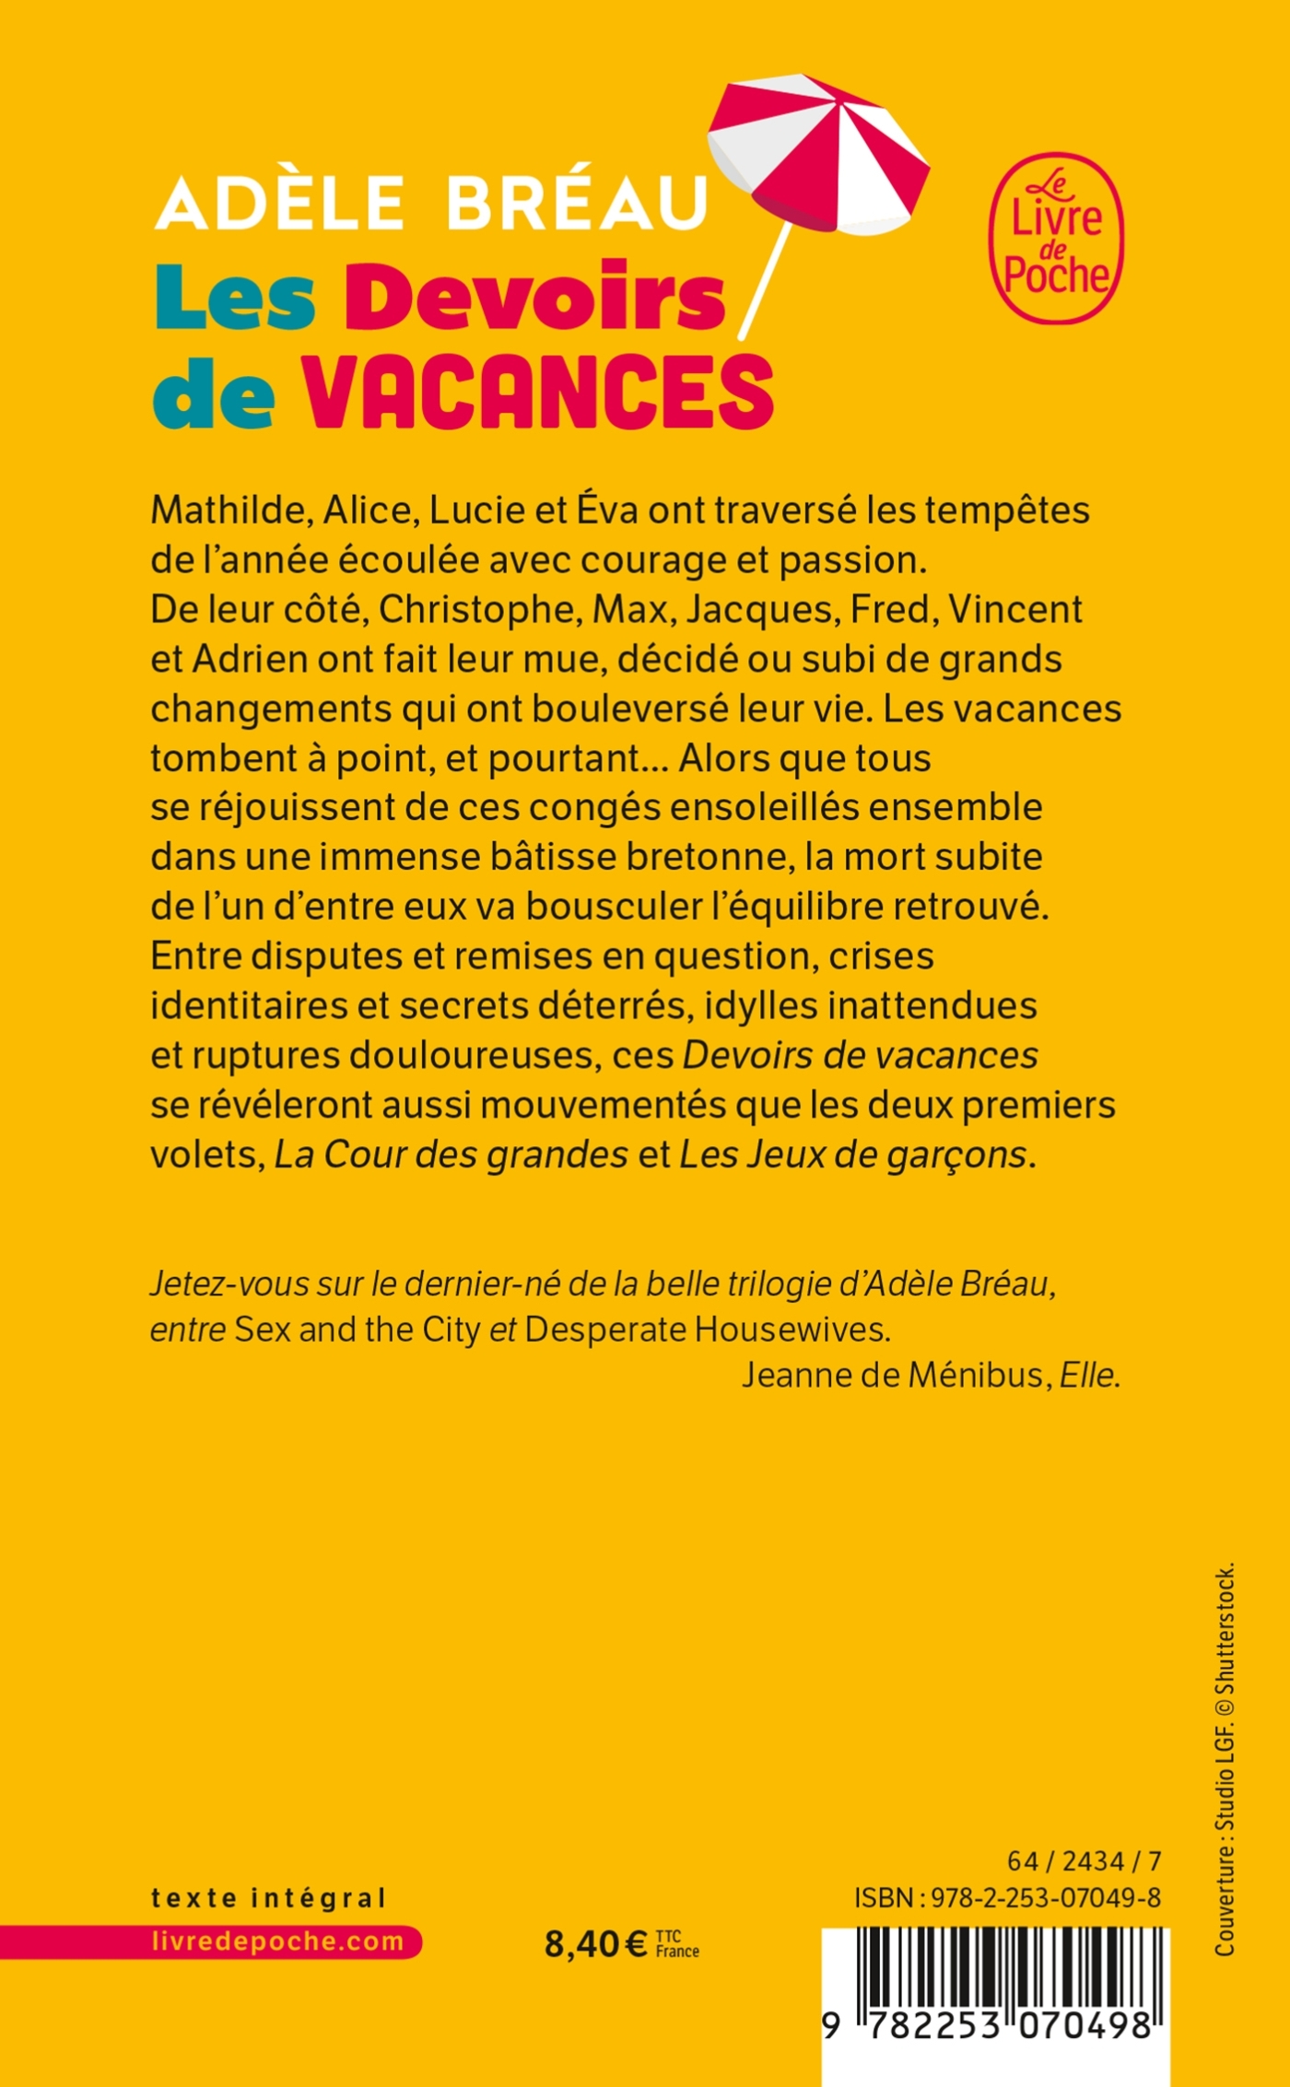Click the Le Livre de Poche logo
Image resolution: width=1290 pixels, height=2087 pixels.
pos(1056,238)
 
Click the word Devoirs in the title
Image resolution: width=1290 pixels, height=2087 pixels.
pos(535,297)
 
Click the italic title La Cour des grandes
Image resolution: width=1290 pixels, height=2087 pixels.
pos(451,1154)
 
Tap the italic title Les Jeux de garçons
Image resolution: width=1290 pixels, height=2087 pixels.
pos(852,1154)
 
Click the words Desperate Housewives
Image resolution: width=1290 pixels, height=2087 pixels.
pos(705,1329)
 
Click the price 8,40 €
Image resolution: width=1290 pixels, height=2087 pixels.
pos(595,1944)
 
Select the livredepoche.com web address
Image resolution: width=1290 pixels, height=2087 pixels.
pos(277,1941)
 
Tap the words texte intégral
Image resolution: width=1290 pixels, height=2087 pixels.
pos(268,1898)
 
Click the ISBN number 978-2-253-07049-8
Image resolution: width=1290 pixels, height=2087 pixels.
pos(1045,1897)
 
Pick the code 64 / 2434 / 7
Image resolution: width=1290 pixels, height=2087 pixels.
pos(1084,1860)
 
